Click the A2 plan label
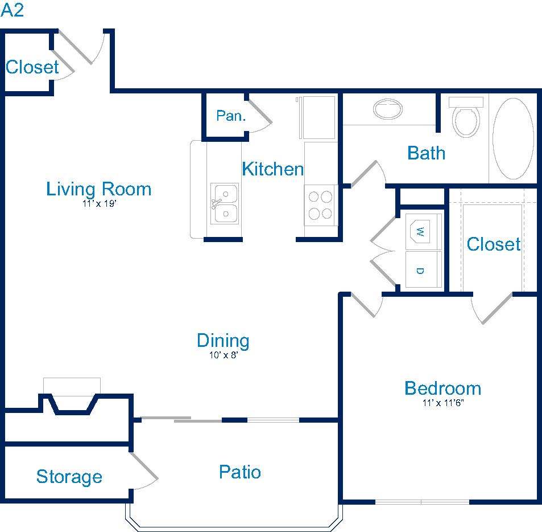(12, 10)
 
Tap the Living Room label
(99, 189)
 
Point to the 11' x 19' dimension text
(99, 203)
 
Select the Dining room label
(223, 341)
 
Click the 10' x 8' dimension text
(224, 355)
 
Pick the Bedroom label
(443, 388)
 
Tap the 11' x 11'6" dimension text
(443, 403)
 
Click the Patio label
(240, 472)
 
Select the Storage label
(69, 477)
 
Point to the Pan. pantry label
(231, 116)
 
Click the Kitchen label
(273, 169)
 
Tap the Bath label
(426, 153)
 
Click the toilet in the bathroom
(466, 117)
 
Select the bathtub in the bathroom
(513, 139)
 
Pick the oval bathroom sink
(387, 109)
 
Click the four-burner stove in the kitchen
(320, 206)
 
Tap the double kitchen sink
(225, 203)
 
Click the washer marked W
(423, 232)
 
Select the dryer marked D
(423, 269)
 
